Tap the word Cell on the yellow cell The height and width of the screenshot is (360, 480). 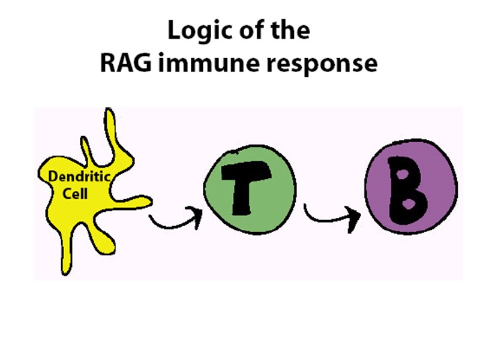tap(76, 193)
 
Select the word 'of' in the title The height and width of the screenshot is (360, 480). tap(252, 31)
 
